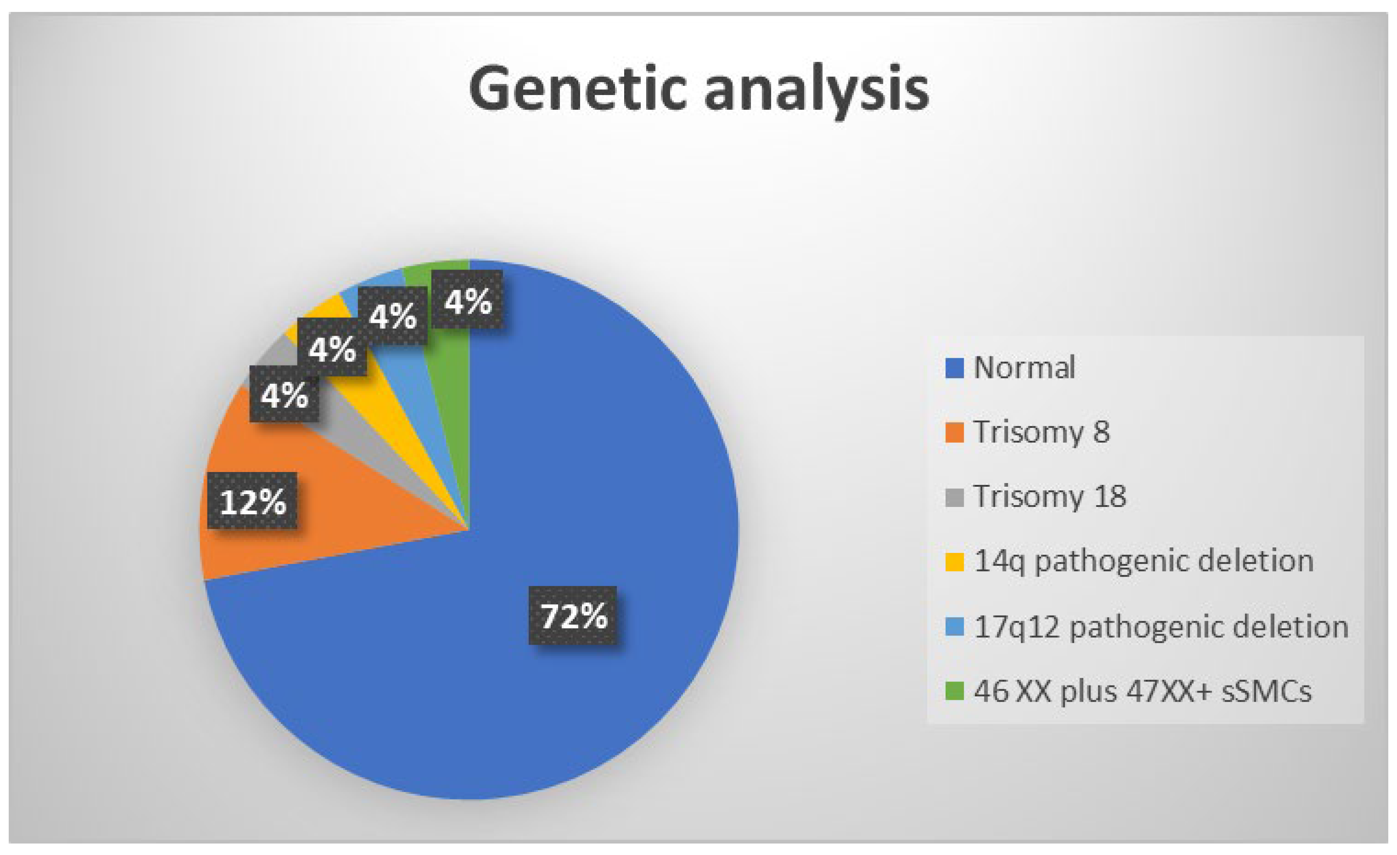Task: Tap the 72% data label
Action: tap(573, 616)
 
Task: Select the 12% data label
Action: tap(252, 501)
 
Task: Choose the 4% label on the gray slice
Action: tap(284, 394)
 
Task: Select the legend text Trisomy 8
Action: tap(1041, 432)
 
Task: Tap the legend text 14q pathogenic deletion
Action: tap(1144, 561)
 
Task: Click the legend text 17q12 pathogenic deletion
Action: tap(1161, 627)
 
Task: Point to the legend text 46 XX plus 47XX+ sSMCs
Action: tap(1142, 691)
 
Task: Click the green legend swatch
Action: tap(955, 691)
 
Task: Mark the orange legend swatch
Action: tap(955, 433)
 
